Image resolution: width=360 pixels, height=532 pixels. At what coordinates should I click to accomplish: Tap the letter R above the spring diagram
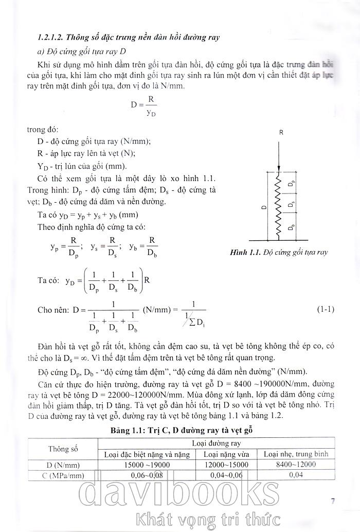click(x=281, y=132)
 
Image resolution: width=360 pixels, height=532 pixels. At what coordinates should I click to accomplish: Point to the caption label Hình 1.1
click(x=245, y=253)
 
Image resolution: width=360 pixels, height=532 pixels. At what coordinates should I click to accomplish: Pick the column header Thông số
click(x=63, y=448)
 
